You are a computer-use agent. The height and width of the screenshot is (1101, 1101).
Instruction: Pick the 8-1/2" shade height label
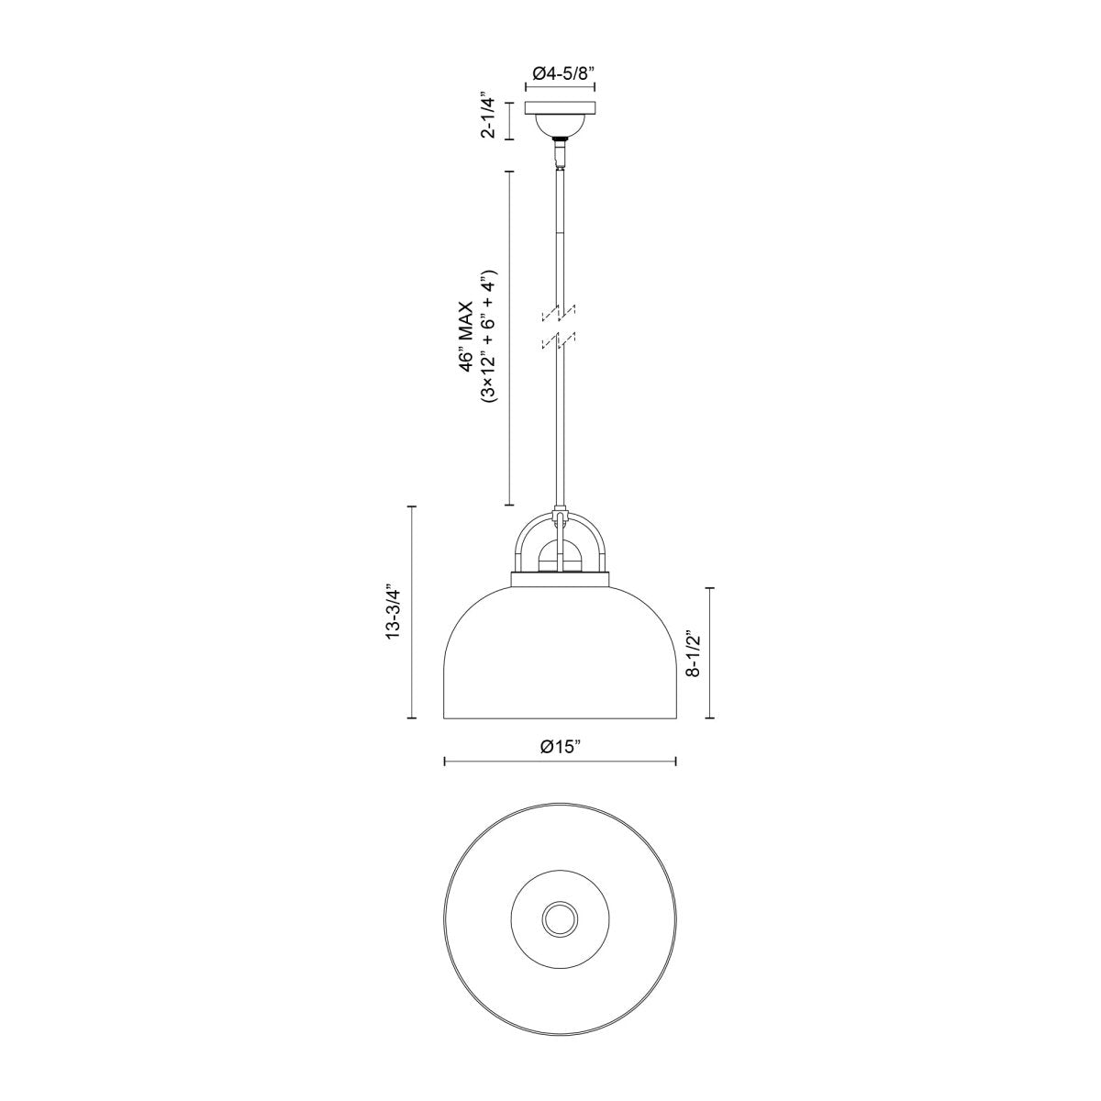pos(695,652)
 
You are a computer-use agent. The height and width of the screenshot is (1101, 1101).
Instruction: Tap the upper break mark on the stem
pos(559,313)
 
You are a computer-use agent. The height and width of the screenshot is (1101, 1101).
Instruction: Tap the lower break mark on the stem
pos(559,340)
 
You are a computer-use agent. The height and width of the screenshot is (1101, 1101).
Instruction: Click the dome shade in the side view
pos(560,661)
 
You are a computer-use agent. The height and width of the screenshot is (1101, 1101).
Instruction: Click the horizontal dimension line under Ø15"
pos(560,761)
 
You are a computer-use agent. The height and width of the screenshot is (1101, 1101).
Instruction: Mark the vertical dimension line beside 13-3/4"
pos(411,611)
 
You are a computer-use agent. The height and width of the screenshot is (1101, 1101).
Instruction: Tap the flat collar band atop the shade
pos(560,579)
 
